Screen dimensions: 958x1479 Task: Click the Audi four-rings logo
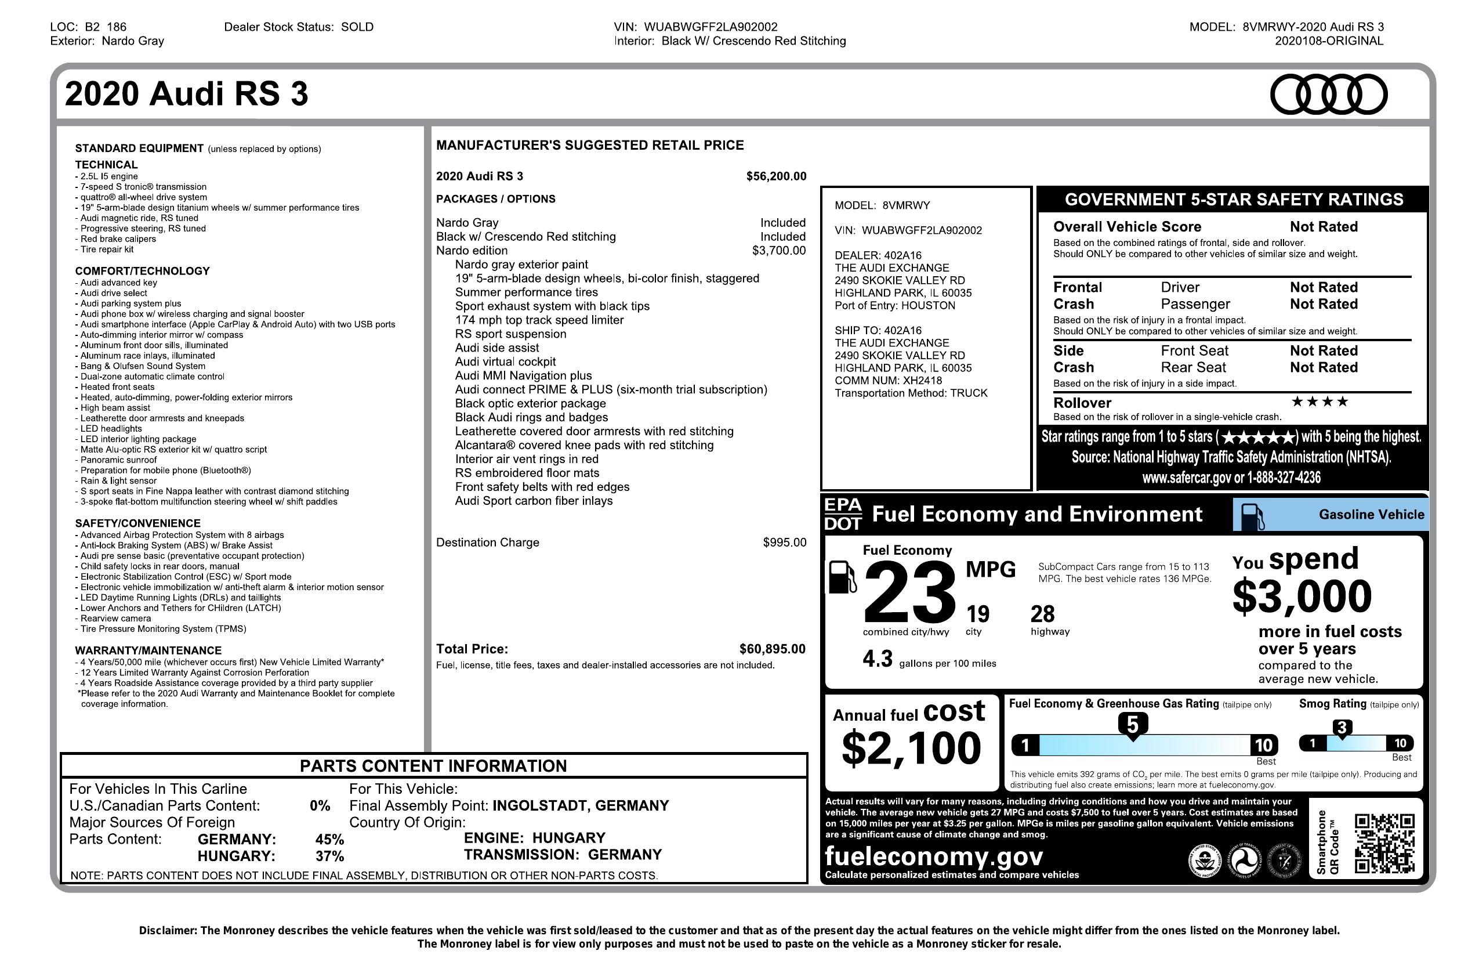coord(1328,95)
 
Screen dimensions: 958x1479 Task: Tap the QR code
coord(1384,843)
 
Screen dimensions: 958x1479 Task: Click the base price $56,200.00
coord(776,176)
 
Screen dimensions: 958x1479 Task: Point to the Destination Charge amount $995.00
coord(784,543)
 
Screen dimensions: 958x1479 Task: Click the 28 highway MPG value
coord(1043,614)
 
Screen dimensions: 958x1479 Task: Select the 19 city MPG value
coord(977,614)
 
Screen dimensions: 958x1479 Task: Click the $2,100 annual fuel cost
coord(911,748)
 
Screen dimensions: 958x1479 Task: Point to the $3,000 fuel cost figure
coord(1302,595)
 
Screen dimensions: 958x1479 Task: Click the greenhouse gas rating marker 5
coord(1132,725)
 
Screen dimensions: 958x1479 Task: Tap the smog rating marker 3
coord(1342,728)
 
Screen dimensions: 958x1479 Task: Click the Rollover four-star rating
coord(1319,402)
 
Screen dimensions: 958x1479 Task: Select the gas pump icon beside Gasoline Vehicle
coord(1252,516)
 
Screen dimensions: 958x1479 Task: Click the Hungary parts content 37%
coord(329,856)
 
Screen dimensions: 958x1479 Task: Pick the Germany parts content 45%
coord(329,839)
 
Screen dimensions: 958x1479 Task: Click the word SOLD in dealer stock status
coord(357,27)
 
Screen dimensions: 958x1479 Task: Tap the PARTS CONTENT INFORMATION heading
coord(433,766)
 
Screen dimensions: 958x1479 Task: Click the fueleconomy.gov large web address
coord(933,856)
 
